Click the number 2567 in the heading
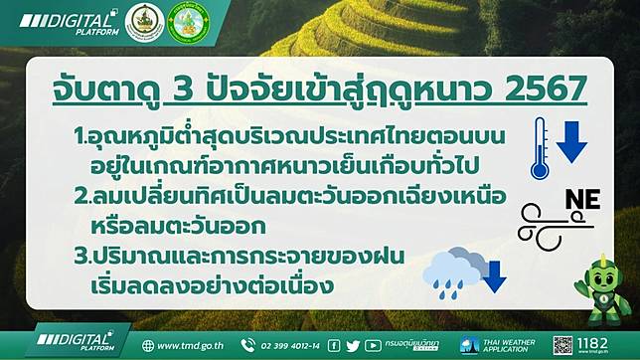click(542, 90)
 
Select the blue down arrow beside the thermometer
click(571, 141)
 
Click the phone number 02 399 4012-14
click(283, 346)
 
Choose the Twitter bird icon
click(354, 346)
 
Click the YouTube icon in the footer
click(373, 346)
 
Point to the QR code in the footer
click(564, 344)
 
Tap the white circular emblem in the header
click(144, 22)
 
